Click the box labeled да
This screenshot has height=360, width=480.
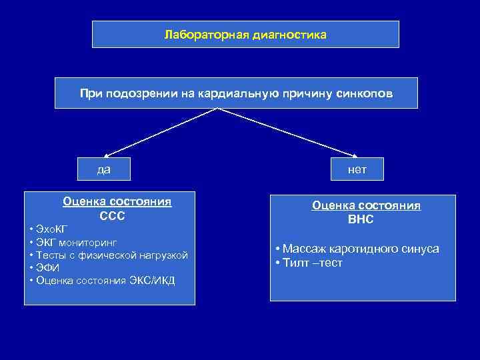tap(104, 169)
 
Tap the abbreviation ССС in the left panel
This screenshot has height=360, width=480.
tap(112, 216)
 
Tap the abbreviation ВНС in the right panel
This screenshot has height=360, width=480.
tap(361, 219)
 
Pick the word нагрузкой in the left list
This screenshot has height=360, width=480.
tap(164, 255)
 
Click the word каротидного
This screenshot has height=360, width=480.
tap(365, 249)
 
